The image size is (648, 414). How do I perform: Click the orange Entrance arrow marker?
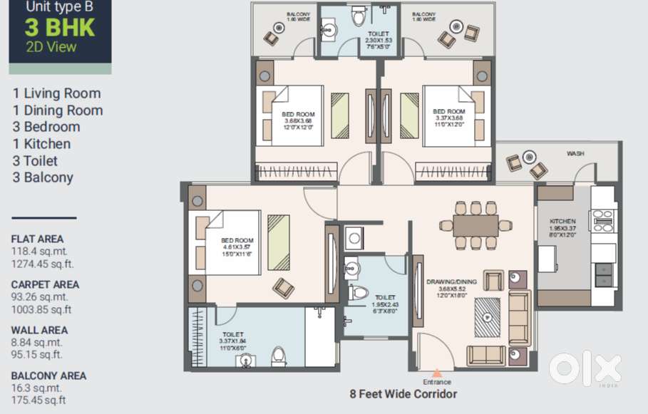(x=437, y=373)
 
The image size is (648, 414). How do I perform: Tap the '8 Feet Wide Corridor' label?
(x=403, y=393)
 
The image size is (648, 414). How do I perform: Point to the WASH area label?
(x=575, y=153)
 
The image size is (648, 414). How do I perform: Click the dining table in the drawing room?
(x=475, y=225)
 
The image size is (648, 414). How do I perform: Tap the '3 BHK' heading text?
(x=59, y=28)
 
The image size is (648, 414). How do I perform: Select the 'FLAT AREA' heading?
(x=37, y=239)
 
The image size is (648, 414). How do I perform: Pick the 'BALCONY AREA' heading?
(x=48, y=376)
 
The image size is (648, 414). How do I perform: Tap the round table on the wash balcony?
(x=528, y=157)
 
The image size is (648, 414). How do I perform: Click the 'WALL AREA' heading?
(x=39, y=330)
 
